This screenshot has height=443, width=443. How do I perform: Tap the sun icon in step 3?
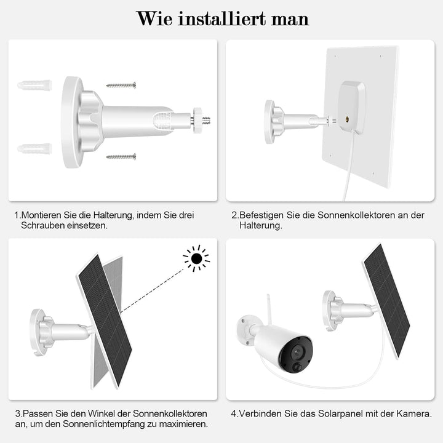click(196, 258)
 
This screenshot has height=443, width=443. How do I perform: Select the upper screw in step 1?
click(121, 85)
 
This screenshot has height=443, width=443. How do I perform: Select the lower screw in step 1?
click(121, 157)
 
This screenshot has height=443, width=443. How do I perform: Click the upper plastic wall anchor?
click(34, 85)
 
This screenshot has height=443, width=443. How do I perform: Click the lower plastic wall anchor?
click(34, 149)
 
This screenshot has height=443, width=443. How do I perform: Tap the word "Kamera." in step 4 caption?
click(415, 413)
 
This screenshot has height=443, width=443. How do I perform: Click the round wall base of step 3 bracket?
click(38, 332)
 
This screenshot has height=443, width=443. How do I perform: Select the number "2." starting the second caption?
click(234, 215)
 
